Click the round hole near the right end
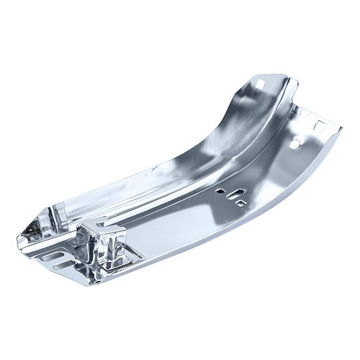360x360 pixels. pos(294,144)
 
